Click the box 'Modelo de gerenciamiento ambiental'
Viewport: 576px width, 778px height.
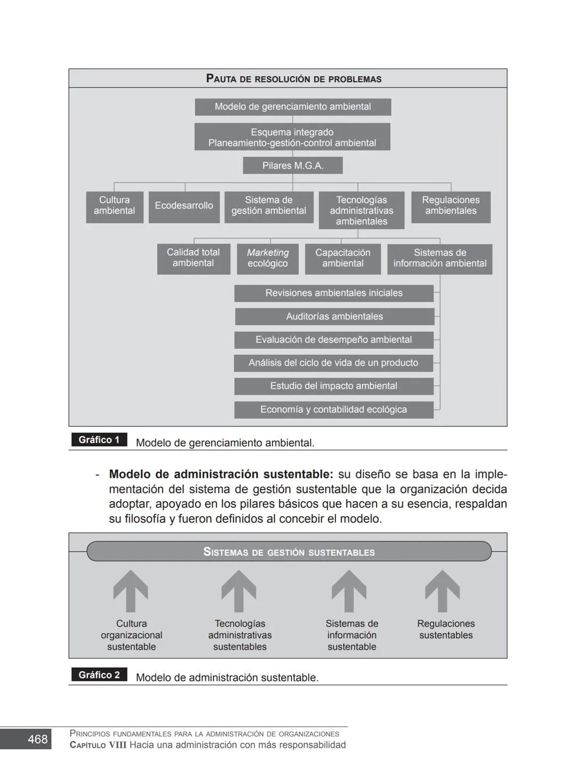[293, 107]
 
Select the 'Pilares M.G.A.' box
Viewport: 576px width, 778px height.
[293, 165]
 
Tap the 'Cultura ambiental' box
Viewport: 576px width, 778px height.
[115, 206]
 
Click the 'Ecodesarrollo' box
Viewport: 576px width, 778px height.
[184, 206]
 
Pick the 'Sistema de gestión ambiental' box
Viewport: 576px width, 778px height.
[269, 206]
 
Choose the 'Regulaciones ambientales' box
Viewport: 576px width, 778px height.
[451, 206]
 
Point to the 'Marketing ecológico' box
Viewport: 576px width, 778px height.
[268, 259]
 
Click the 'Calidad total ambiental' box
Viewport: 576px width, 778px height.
[194, 259]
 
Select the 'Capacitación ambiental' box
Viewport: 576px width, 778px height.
[343, 259]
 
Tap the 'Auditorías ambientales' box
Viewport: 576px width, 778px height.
[334, 316]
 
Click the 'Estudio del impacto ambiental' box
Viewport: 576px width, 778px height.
[334, 386]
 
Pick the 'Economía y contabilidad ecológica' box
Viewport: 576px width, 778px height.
[334, 410]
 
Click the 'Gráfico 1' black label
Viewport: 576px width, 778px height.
[99, 440]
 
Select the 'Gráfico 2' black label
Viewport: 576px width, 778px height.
[99, 675]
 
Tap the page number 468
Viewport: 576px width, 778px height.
[37, 739]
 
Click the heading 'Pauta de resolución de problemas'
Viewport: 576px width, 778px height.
[294, 79]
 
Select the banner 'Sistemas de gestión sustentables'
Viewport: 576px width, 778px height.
[289, 552]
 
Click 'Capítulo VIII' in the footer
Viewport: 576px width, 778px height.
[98, 745]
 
